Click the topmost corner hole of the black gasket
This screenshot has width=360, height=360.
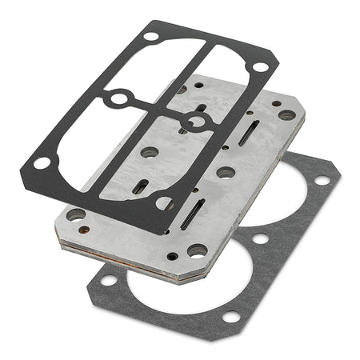click(x=150, y=36)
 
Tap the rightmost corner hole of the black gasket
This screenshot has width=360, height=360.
click(x=260, y=67)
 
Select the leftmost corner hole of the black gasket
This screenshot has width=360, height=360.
click(x=41, y=163)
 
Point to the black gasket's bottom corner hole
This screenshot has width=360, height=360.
click(x=166, y=203)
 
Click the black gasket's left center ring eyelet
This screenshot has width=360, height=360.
click(x=119, y=99)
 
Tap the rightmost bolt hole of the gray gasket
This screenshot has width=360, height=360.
click(x=322, y=179)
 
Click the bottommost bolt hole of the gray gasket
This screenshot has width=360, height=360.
click(x=230, y=317)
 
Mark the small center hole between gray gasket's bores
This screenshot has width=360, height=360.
click(x=260, y=238)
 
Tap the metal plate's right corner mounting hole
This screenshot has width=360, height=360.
click(x=286, y=115)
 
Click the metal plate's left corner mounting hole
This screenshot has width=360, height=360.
click(x=76, y=214)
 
